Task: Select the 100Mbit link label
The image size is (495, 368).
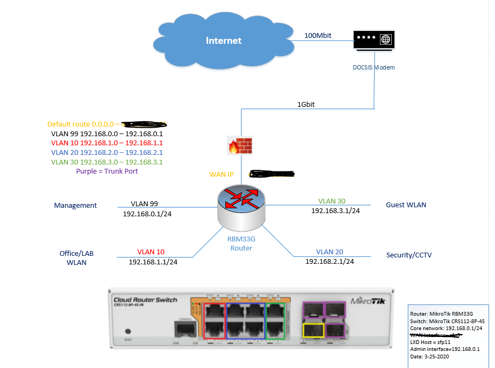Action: tap(318, 35)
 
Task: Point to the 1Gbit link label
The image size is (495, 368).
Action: tap(306, 105)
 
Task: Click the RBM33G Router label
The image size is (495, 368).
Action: tap(241, 244)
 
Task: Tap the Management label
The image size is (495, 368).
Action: tap(75, 205)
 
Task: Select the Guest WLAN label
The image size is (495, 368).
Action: tap(406, 205)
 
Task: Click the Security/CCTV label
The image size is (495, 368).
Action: tap(409, 255)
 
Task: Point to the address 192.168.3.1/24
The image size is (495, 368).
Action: tap(336, 211)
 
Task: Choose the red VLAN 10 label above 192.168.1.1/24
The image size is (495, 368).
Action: tap(151, 252)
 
